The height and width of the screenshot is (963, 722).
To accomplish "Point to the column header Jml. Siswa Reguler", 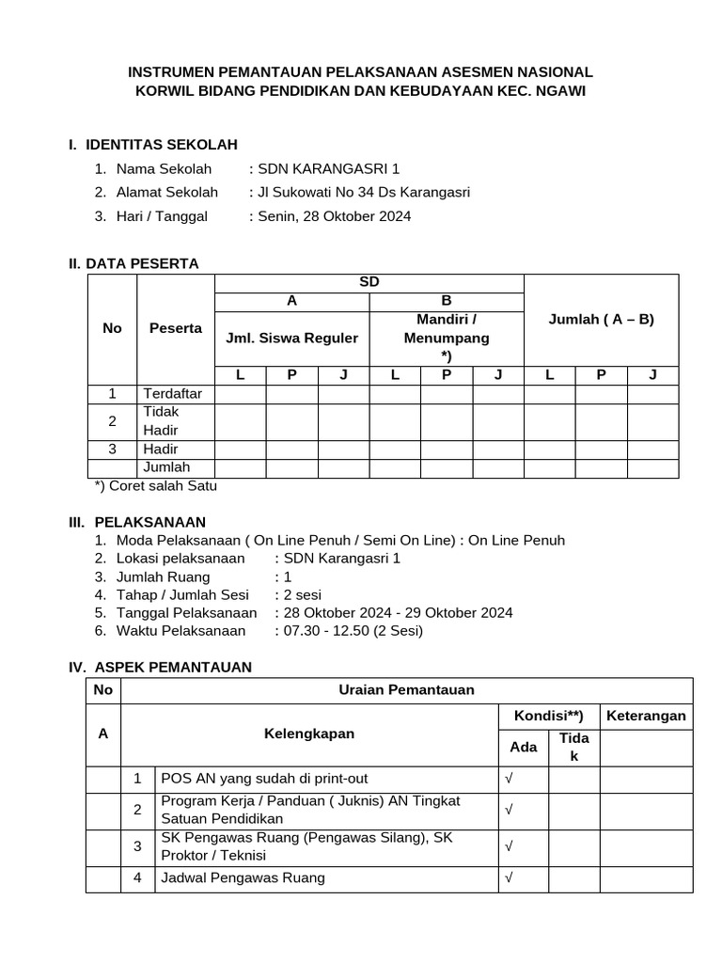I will coord(292,338).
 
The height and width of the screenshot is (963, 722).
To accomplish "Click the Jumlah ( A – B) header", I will coord(601,319).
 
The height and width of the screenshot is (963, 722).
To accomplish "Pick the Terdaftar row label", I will coord(173,393).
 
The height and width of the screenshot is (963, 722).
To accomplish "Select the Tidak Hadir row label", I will coord(162,420).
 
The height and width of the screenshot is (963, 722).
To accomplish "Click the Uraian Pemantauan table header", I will coord(406,690).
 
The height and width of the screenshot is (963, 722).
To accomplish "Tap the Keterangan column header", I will coord(646,716).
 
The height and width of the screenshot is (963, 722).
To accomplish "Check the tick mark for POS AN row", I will coord(509,780).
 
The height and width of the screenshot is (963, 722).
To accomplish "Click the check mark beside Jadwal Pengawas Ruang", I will coord(509,878).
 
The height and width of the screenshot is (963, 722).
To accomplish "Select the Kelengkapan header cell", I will coord(309,734).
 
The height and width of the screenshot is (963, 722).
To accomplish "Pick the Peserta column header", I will coord(176,328).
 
